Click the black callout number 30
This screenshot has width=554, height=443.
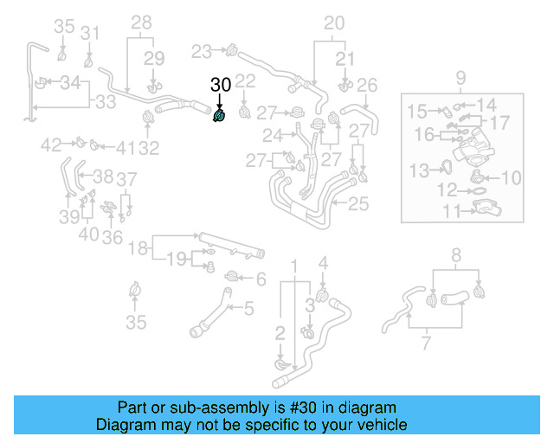tap(221, 85)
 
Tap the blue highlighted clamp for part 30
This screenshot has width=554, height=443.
tap(220, 115)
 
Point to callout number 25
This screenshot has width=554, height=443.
tap(358, 204)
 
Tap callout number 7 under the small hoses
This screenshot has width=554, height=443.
tap(426, 345)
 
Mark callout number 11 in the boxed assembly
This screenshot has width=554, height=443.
tap(450, 210)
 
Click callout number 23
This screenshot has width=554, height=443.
tap(201, 50)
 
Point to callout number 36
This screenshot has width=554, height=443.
tap(112, 237)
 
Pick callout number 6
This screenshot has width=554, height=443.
tap(261, 279)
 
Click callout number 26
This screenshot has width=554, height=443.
tap(367, 85)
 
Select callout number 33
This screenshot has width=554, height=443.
tap(106, 102)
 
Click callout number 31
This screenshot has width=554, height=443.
tap(90, 33)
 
